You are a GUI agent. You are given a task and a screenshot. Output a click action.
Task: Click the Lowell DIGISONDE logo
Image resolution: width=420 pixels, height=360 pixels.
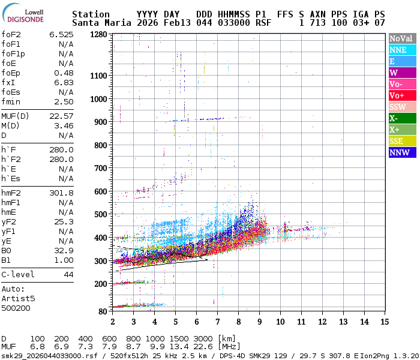pyautogui.click(x=23, y=14)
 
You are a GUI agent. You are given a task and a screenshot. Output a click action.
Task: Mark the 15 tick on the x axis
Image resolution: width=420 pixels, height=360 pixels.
pyautogui.click(x=385, y=313)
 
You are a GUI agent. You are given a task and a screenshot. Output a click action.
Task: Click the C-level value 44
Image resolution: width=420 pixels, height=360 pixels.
pyautogui.click(x=68, y=274)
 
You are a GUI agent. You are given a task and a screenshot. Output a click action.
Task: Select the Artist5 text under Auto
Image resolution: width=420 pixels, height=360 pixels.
pyautogui.click(x=18, y=298)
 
